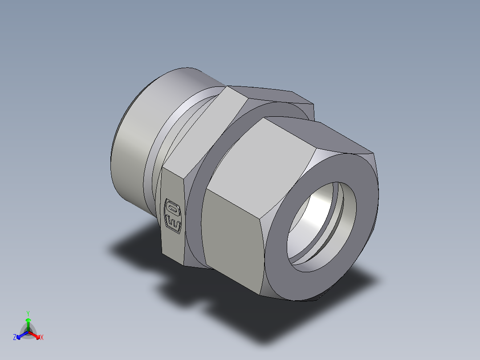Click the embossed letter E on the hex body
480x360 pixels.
click(172, 222)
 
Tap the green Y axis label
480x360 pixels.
click(28, 313)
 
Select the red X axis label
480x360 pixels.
click(42, 338)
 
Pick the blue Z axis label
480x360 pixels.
click(15, 338)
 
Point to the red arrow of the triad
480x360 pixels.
click(36, 335)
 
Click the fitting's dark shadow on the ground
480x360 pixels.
click(267, 312)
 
